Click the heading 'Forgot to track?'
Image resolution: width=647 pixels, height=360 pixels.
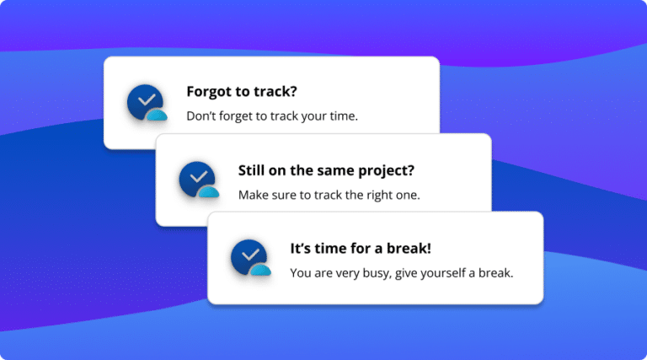coord(243,92)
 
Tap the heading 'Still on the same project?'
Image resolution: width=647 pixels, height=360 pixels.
coord(326,170)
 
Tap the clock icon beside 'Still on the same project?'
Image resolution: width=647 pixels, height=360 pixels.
coord(197,179)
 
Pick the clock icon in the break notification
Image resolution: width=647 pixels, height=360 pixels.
coord(249,257)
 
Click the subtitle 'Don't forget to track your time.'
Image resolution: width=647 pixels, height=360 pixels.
coord(271,116)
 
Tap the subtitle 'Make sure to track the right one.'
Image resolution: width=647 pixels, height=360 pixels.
coord(329,195)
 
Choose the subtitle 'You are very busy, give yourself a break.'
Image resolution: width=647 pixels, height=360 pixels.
coord(401,273)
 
